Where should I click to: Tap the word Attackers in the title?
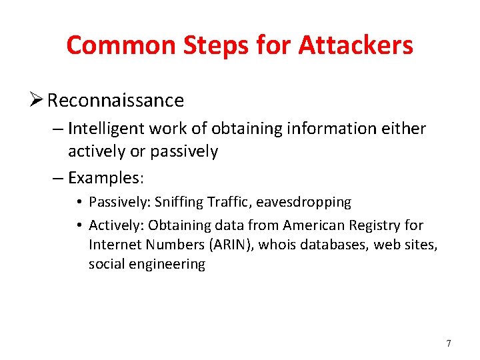(355, 45)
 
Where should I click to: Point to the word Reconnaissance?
(115, 101)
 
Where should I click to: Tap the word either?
(405, 128)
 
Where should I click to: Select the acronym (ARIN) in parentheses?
(231, 245)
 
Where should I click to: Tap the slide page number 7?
(449, 344)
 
